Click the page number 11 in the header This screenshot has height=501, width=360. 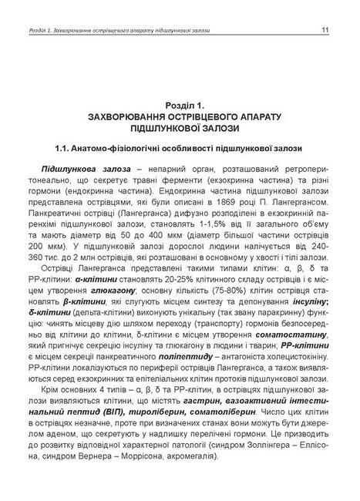pos(325,31)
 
